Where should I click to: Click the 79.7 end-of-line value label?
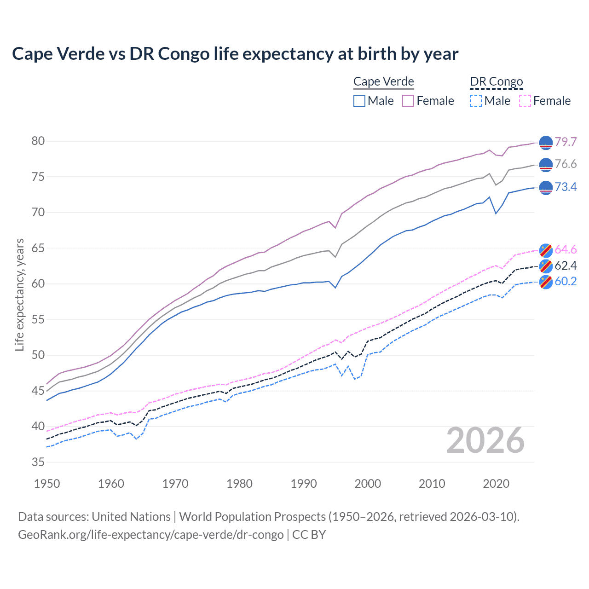pos(566,142)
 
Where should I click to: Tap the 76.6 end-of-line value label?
pos(566,164)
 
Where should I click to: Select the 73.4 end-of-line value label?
pos(566,187)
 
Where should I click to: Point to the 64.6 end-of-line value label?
pos(566,249)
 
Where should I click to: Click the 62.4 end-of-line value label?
pos(566,266)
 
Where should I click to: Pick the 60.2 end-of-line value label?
pos(566,281)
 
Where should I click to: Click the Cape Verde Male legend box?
pos(359,101)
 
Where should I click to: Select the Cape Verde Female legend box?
pos(408,101)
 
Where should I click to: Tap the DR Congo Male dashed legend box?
pos(476,101)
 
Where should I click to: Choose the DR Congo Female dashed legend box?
pos(525,101)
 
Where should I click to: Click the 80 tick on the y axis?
pos(38,141)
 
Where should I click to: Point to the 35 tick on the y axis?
pos(38,462)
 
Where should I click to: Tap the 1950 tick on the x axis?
pos(47,484)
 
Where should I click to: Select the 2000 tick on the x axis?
pos(368,484)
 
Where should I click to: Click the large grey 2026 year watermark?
pos(485,441)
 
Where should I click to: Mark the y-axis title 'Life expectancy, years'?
pos(19,294)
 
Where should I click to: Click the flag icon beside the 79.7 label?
pos(546,143)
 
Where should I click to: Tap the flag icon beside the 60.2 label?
pos(546,282)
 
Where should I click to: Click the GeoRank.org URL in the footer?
pos(151,535)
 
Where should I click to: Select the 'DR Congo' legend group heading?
pos(497,81)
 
